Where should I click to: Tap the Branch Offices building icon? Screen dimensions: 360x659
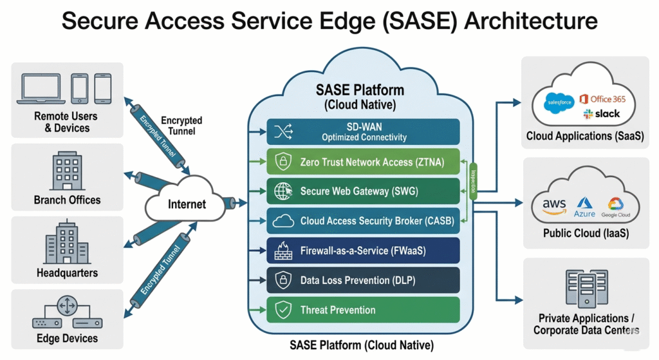pos(67,169)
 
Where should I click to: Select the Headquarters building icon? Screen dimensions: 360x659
pos(67,243)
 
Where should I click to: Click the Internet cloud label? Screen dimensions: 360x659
pos(187,204)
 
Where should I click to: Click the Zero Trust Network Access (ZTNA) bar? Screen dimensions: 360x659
pos(364,162)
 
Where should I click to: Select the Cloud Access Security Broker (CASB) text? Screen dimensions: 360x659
pos(377,221)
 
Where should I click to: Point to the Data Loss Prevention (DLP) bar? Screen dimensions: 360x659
pos(364,280)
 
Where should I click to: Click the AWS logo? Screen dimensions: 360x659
pos(554,205)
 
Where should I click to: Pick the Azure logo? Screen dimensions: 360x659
pos(586,206)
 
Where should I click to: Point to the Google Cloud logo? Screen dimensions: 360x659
pos(616,206)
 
